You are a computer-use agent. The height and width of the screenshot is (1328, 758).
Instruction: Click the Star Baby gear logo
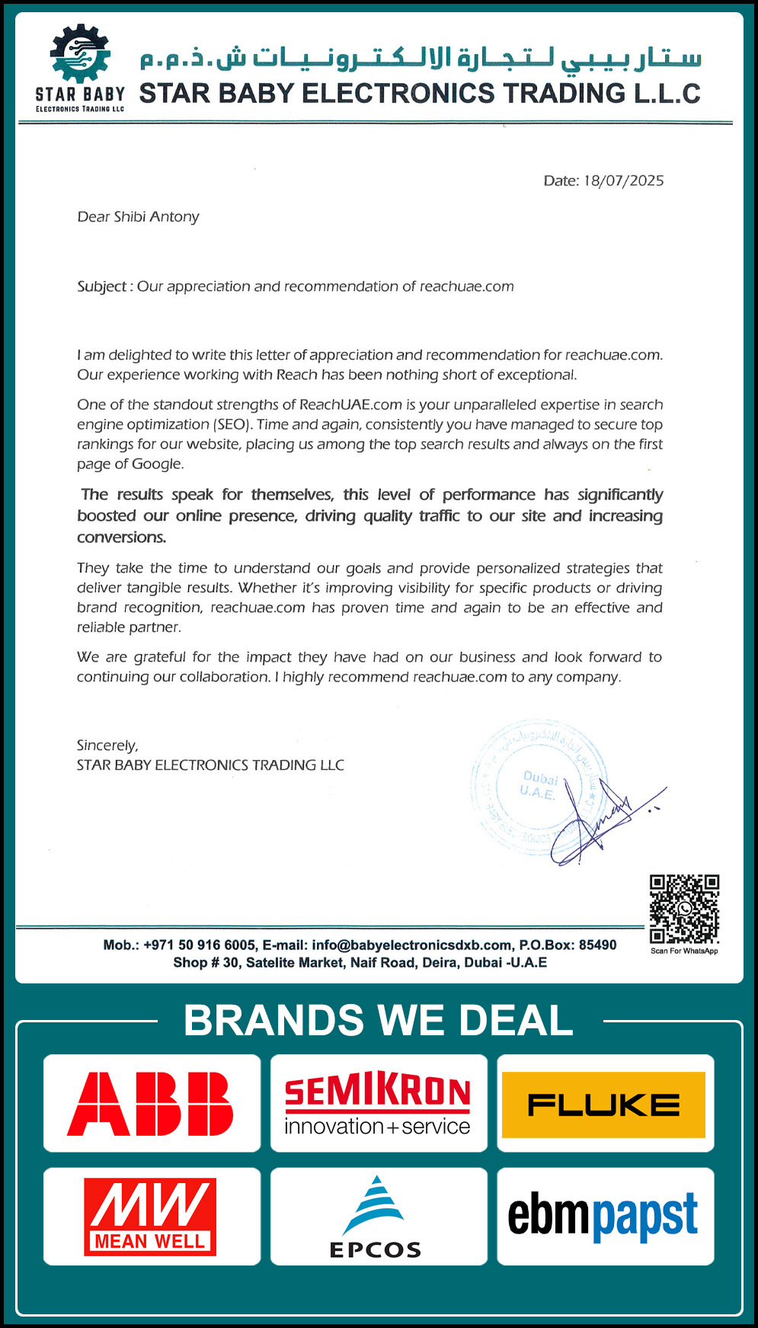(80, 55)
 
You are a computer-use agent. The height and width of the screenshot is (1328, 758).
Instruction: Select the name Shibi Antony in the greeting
(156, 217)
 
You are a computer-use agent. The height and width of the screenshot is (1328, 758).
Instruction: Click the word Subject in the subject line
(101, 287)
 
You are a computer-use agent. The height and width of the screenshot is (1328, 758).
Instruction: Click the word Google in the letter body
(157, 464)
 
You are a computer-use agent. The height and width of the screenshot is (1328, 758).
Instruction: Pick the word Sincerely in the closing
(107, 746)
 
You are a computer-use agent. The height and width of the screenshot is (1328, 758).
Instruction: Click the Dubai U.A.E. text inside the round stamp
(539, 785)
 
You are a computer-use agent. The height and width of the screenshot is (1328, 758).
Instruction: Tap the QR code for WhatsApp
(684, 909)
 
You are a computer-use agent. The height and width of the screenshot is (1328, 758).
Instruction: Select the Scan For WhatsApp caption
(684, 951)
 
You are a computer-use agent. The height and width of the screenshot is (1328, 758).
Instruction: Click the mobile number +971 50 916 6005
(200, 945)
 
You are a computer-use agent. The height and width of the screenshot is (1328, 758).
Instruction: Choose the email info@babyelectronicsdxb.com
(411, 945)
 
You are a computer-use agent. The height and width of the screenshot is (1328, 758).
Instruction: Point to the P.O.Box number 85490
(597, 945)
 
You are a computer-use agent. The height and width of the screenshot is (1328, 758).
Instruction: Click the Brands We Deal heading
(378, 1021)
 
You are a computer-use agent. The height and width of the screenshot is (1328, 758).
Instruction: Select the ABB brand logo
(151, 1103)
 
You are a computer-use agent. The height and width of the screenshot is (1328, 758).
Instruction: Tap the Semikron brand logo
(378, 1103)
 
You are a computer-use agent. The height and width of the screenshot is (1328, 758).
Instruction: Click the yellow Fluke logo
(604, 1105)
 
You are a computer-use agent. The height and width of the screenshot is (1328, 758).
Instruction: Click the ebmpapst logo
(603, 1216)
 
